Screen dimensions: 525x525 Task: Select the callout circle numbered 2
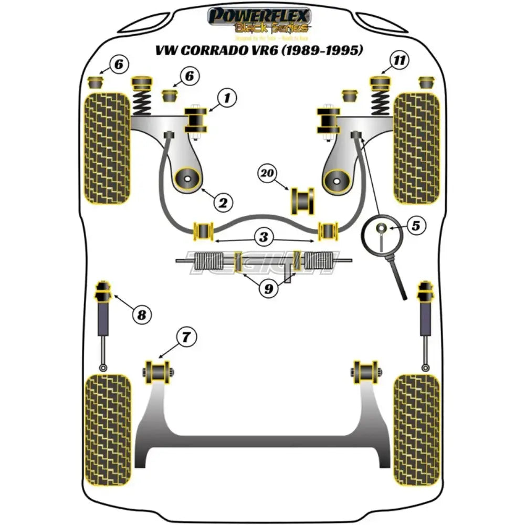click(x=222, y=202)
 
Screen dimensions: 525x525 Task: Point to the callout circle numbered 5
click(x=416, y=226)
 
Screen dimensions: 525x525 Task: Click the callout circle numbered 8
click(x=141, y=314)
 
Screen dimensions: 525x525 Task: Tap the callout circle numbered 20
click(x=268, y=174)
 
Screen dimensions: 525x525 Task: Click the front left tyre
click(x=107, y=148)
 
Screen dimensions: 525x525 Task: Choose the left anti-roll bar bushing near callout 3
click(x=203, y=230)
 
